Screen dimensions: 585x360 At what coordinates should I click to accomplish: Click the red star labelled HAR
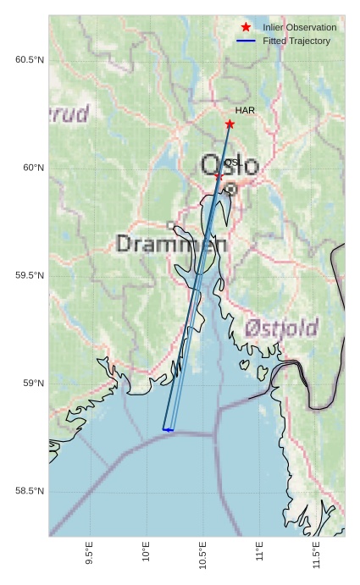[230, 124]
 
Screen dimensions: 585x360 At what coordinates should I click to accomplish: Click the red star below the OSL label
[218, 176]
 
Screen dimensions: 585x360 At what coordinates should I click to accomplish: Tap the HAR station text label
[245, 111]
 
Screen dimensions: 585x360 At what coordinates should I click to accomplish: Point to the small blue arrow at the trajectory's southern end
[168, 430]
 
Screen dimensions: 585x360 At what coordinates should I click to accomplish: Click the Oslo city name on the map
[230, 164]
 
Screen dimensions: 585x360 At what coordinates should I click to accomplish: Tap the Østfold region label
[281, 328]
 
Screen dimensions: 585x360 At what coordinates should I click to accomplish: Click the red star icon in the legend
[246, 28]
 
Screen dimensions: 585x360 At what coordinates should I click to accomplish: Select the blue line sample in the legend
[246, 41]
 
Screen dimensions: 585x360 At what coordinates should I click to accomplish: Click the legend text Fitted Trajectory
[296, 41]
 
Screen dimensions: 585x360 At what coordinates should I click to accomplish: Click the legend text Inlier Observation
[299, 28]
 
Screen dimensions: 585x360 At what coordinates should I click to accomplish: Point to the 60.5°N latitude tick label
[29, 59]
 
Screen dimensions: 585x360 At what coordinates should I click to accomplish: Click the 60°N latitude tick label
[33, 168]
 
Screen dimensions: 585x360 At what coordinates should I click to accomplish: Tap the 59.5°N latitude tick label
[29, 276]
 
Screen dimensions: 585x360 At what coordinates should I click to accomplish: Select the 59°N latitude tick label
[33, 384]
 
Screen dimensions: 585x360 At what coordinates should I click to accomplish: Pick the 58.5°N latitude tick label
[29, 492]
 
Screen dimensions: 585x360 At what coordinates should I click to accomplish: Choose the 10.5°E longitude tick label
[202, 558]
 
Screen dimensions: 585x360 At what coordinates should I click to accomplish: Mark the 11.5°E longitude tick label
[316, 558]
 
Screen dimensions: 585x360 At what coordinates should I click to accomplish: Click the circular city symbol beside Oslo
[230, 190]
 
